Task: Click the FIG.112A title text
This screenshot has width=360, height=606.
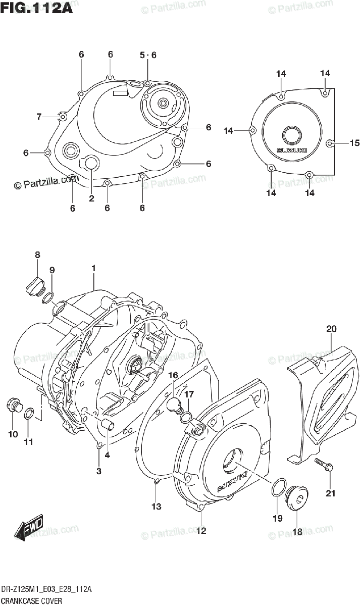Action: point(36,8)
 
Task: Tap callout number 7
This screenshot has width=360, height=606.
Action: point(39,117)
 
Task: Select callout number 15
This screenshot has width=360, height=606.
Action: point(354,143)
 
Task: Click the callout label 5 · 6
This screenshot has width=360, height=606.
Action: point(148,55)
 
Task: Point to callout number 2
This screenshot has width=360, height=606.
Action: point(91,198)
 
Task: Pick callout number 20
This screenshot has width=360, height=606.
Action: point(331,329)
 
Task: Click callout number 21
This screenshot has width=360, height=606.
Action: point(330,493)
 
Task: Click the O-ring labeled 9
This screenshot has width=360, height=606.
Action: point(48,297)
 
